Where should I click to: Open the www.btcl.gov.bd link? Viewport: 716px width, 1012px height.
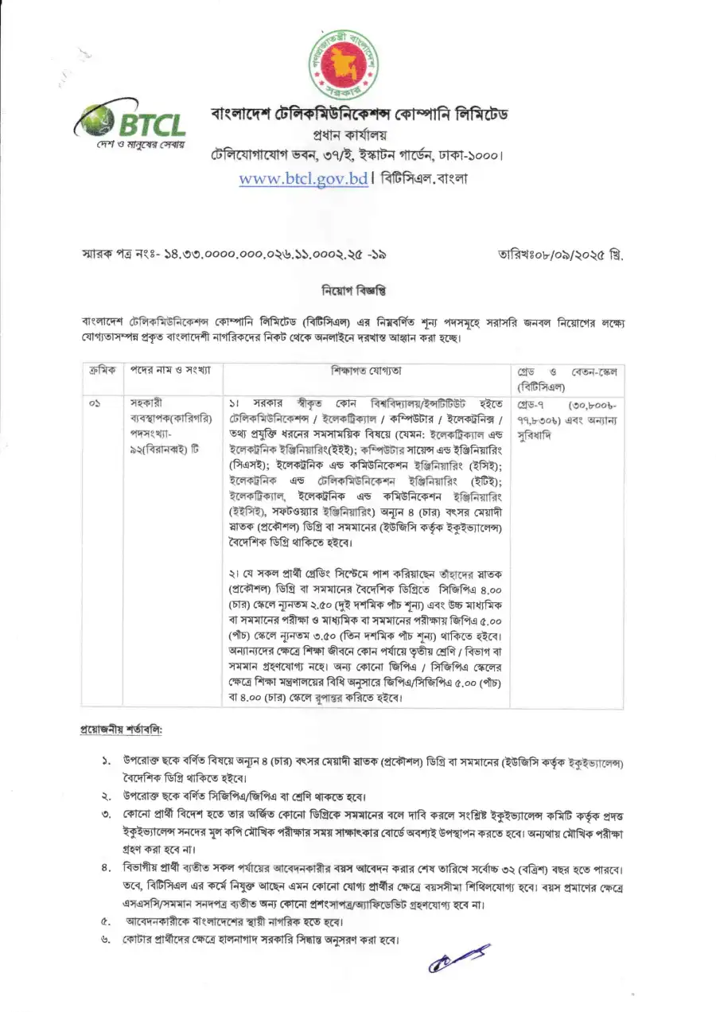pos(303,178)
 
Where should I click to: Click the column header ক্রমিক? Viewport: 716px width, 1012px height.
pos(101,372)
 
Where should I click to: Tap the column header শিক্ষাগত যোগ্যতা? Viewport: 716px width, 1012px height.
pos(365,372)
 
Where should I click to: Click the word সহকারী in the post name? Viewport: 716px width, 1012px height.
pos(146,403)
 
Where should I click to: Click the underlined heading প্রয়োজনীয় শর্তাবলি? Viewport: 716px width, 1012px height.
pos(121,729)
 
